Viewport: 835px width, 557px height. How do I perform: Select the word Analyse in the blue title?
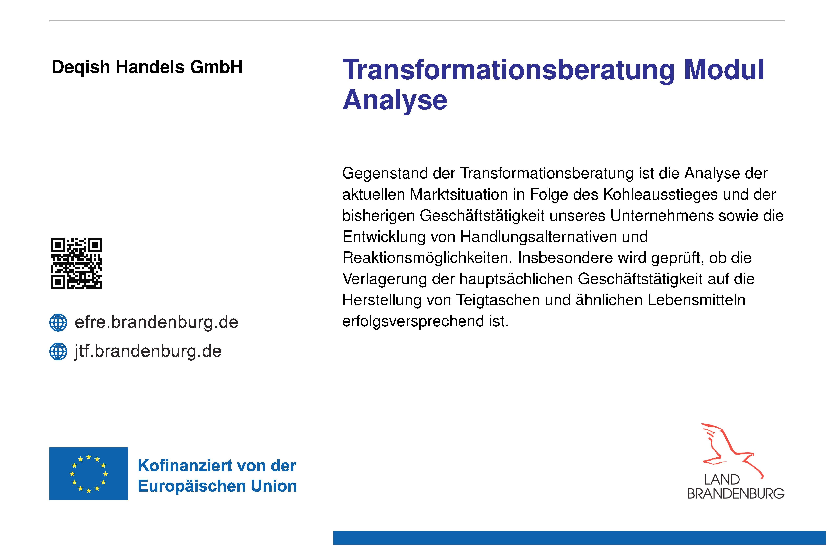point(395,101)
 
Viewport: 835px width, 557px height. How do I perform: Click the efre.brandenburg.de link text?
point(156,322)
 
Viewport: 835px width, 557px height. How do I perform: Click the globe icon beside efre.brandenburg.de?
point(58,322)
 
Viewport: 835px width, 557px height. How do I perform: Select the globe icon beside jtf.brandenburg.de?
point(58,351)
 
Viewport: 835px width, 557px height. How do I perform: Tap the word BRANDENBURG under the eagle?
point(736,493)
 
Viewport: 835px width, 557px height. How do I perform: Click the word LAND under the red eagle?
point(722,480)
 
